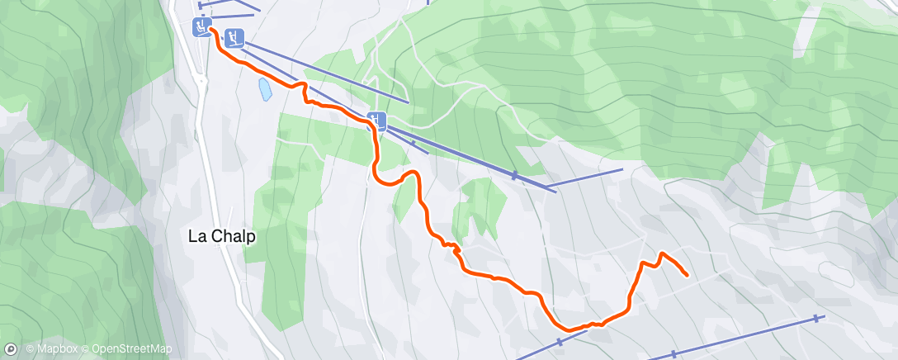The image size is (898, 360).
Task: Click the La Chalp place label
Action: coord(222,236)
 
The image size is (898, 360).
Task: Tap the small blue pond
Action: coord(264,89)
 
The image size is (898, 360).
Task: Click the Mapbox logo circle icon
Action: coord(11,349)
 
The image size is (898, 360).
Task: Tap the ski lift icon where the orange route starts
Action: coord(201,26)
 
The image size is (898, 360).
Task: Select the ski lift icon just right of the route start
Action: coord(234,37)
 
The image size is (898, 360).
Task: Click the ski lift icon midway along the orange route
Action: coord(377,121)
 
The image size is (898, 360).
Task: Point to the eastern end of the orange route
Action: coord(687,275)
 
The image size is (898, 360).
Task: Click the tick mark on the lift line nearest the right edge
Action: coord(817,318)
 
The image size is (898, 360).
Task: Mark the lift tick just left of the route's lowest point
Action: coord(560,341)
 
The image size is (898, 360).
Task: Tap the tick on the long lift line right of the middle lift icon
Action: coord(514,175)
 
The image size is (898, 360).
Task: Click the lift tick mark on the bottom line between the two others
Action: coord(673,353)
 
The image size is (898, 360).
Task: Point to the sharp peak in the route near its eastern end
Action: coord(662,253)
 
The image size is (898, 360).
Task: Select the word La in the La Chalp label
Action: coord(196,236)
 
